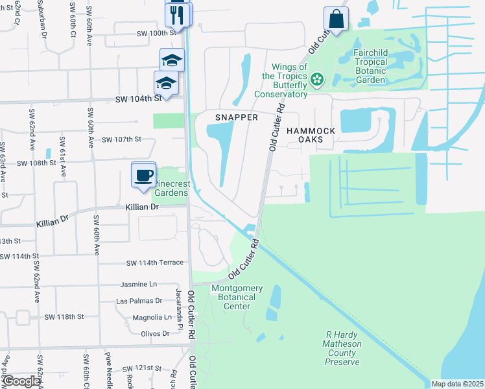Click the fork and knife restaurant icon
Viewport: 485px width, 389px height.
[177, 14]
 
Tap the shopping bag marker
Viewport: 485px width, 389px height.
[337, 19]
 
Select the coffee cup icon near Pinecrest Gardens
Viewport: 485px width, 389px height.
[144, 174]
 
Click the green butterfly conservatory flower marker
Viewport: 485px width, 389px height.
[317, 80]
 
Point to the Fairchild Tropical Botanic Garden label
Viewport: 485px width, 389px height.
[379, 66]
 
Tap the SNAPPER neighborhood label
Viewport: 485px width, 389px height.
[237, 117]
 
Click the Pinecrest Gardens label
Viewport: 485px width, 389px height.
[171, 188]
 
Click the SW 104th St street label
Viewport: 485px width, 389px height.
[138, 99]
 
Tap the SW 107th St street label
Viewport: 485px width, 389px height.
[121, 139]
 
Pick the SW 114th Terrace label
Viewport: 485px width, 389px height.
[153, 263]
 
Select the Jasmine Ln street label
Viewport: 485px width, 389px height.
[139, 285]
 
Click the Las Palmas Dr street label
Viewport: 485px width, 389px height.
[139, 301]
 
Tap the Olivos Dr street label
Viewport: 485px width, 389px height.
[155, 333]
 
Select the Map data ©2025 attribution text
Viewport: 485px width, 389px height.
[457, 384]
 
